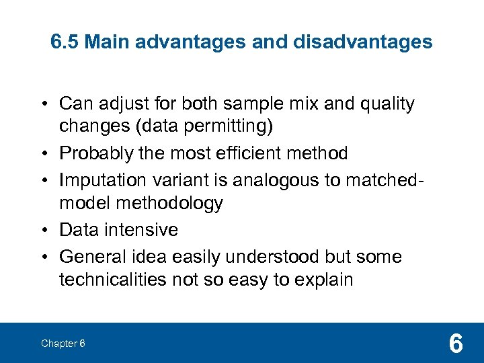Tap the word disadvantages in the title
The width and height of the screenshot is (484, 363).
point(363,42)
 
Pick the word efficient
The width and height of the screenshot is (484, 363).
point(253,154)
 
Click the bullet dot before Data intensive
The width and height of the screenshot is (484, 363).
point(44,231)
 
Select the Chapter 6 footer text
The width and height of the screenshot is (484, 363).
point(63,344)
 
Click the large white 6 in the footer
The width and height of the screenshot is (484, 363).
point(455,344)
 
